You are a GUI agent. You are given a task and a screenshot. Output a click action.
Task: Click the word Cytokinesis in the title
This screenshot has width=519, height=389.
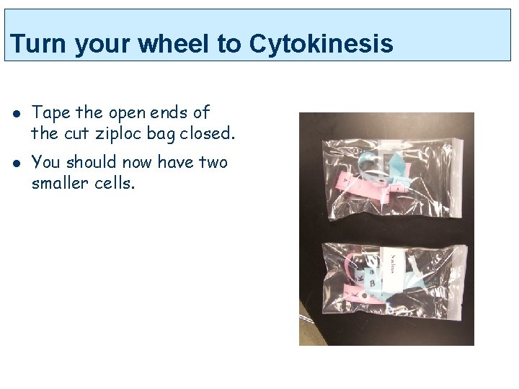321,45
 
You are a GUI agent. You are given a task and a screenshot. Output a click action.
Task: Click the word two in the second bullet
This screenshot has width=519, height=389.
213,163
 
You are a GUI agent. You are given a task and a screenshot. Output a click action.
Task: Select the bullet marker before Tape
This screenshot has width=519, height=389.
14,113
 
